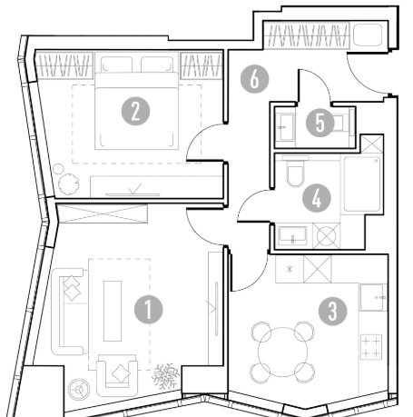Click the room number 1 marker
click(148, 310)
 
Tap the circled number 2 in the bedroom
click(135, 111)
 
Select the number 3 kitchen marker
click(333, 311)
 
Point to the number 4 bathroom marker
click(317, 198)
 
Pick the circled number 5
click(320, 123)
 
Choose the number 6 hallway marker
click(254, 79)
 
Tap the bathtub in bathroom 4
click(362, 184)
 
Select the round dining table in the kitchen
click(283, 352)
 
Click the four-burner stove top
click(371, 346)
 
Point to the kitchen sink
click(372, 298)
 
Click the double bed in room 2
click(136, 111)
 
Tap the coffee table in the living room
click(113, 311)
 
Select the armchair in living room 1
click(117, 376)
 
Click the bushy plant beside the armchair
click(165, 376)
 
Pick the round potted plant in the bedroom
click(69, 184)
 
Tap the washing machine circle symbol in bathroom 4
click(326, 236)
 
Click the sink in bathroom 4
click(292, 235)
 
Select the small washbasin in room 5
click(286, 127)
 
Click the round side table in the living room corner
click(79, 389)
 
